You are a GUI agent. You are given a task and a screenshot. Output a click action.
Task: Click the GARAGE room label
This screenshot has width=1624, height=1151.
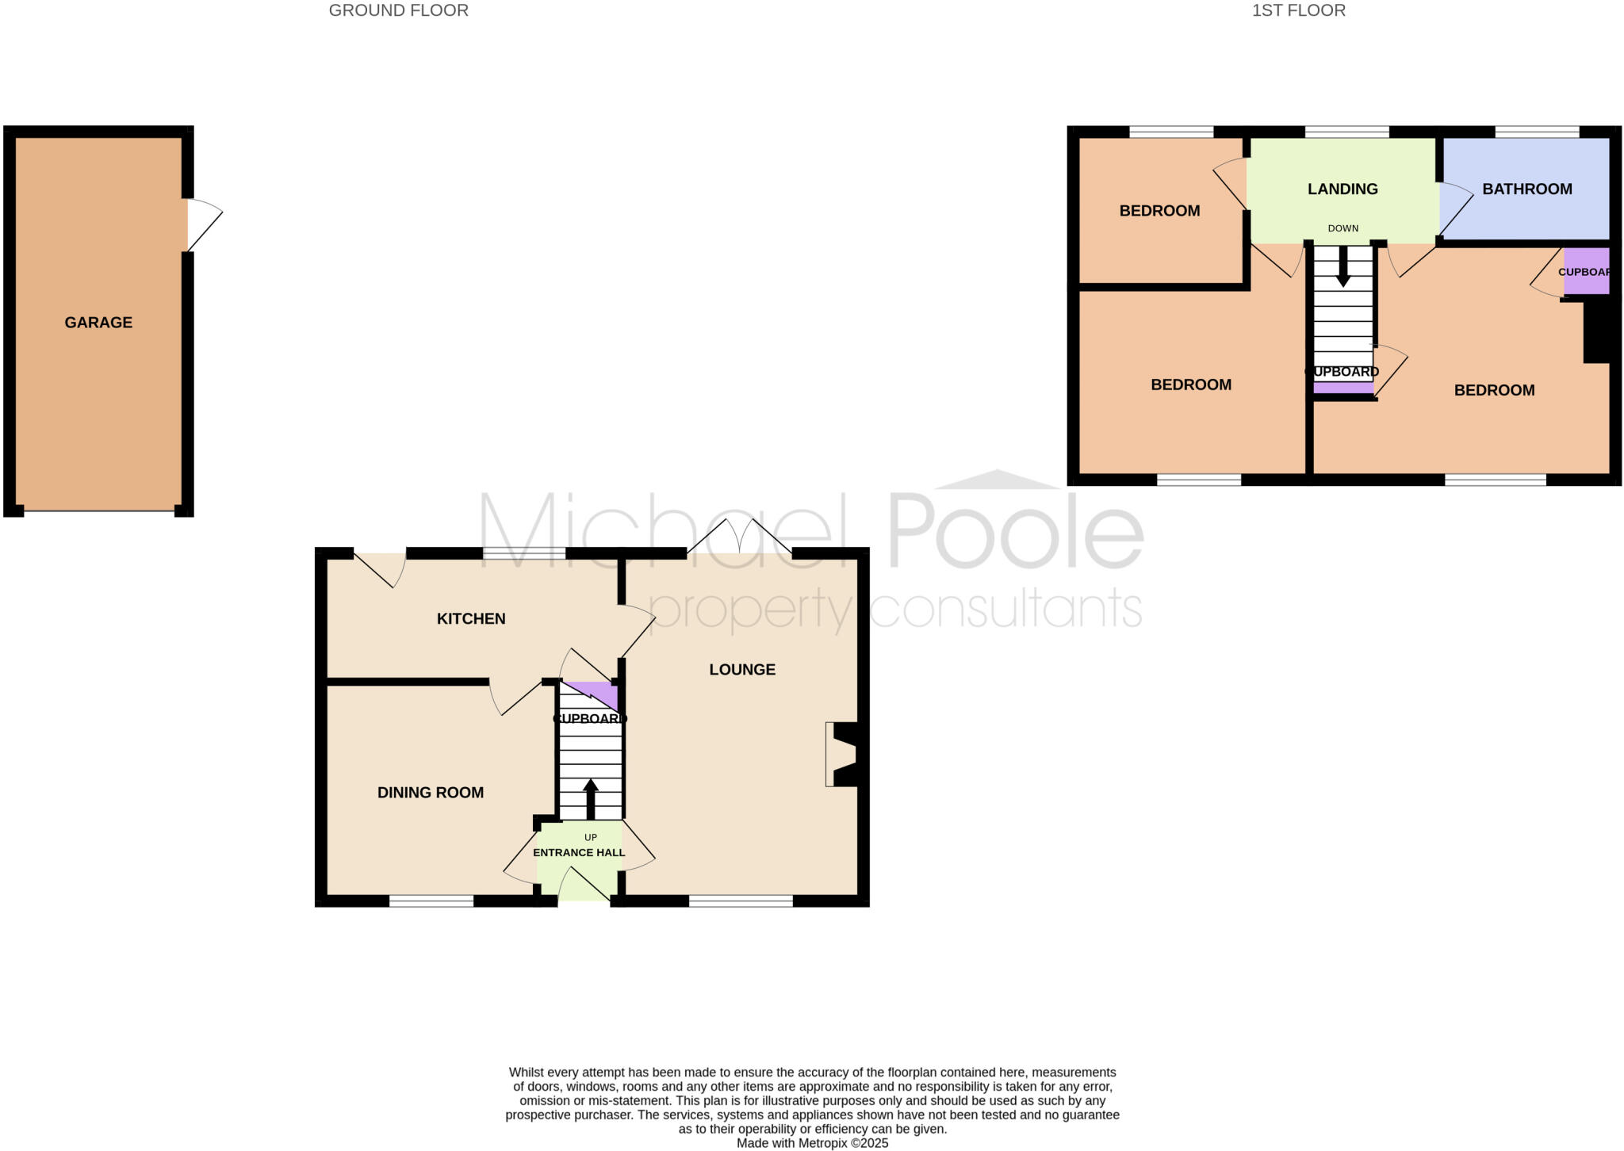point(98,323)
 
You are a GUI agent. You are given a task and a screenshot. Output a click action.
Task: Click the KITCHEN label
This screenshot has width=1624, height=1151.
point(471,619)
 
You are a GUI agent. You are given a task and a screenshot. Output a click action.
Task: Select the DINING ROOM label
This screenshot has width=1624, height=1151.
point(431,793)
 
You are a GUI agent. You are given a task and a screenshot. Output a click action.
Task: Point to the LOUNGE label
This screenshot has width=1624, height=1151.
point(742,670)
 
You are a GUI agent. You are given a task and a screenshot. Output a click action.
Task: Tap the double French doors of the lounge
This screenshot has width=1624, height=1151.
point(739,539)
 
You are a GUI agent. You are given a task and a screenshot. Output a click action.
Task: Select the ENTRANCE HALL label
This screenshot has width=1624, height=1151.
point(579,853)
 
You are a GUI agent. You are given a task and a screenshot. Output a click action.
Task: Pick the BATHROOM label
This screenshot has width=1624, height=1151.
point(1527,189)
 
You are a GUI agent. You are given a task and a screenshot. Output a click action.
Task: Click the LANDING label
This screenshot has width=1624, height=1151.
point(1342,189)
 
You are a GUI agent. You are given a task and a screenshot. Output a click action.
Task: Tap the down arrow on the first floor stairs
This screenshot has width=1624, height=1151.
point(1342,266)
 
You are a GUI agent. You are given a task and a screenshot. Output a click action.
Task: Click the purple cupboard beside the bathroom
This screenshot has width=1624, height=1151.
point(1586,271)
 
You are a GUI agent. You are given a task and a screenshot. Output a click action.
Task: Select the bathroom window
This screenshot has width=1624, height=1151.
point(1537,132)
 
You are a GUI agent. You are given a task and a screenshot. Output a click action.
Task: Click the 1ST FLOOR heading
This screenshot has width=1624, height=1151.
point(1298,11)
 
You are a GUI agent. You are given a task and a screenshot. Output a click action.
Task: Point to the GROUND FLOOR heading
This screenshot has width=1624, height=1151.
point(398,11)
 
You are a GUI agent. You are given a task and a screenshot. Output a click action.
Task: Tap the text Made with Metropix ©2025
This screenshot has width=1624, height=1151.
point(812,1143)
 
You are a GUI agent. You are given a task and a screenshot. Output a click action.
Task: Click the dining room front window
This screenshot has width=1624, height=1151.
point(431,901)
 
